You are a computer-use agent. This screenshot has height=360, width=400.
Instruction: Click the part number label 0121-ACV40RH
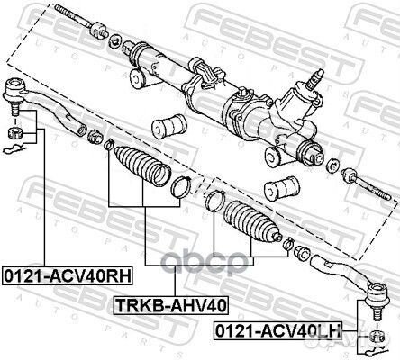click(x=68, y=276)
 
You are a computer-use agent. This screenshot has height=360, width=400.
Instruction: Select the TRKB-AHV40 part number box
click(x=170, y=305)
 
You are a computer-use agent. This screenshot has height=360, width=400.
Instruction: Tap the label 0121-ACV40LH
click(x=277, y=330)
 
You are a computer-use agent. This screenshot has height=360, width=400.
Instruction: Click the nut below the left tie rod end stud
click(x=14, y=132)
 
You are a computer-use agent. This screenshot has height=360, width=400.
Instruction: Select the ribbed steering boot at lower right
click(x=251, y=221)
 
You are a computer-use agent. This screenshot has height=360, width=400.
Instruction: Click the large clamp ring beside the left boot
click(x=181, y=186)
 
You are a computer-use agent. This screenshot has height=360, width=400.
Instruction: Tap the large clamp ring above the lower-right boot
click(x=214, y=201)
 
